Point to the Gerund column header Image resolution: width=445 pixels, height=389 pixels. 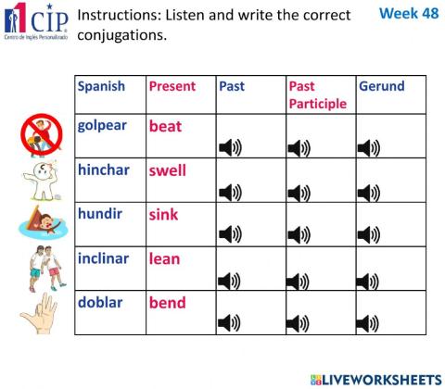pyautogui.click(x=381, y=86)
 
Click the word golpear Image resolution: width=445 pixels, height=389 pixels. pyautogui.click(x=102, y=125)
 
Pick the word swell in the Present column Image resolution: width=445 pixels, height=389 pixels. pyautogui.click(x=168, y=170)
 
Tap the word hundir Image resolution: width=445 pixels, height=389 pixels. pyautogui.click(x=99, y=214)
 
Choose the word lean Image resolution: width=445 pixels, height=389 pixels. pyautogui.click(x=164, y=258)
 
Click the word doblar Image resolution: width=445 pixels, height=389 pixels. pyautogui.click(x=99, y=303)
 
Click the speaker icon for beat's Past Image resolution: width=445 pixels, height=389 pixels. pyautogui.click(x=229, y=148)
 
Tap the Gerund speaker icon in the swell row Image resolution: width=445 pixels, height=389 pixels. pyautogui.click(x=368, y=193)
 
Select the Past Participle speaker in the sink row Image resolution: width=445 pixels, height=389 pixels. pyautogui.click(x=299, y=237)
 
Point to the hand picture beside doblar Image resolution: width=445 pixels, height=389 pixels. pyautogui.click(x=41, y=314)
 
